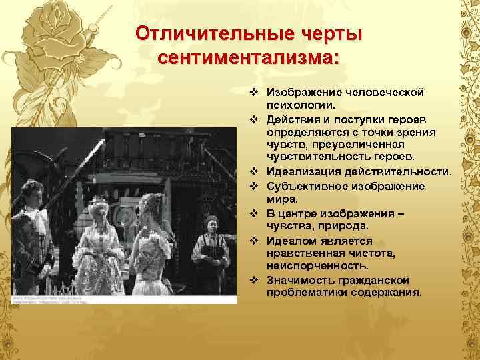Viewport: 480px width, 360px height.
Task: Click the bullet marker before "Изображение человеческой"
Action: (x=254, y=92)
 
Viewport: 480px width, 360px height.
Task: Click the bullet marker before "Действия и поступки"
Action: (x=254, y=119)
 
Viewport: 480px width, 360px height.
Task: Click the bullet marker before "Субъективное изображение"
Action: (x=254, y=186)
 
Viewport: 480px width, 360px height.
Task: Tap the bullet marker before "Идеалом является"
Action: (x=254, y=240)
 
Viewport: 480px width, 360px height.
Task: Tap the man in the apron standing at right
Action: (x=211, y=250)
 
